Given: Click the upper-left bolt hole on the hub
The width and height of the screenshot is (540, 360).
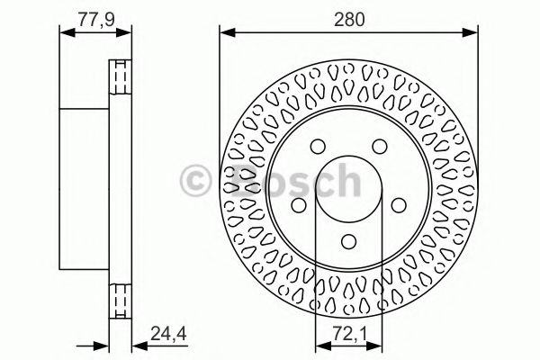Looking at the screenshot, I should [x=317, y=148].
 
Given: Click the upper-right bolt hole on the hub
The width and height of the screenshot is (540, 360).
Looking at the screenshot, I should [x=379, y=148].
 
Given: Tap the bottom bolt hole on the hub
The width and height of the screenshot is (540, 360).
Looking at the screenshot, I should [x=348, y=241].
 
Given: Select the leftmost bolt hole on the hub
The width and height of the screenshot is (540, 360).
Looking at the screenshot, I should [x=298, y=206].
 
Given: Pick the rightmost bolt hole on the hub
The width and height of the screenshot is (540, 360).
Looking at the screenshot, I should [x=399, y=206].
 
